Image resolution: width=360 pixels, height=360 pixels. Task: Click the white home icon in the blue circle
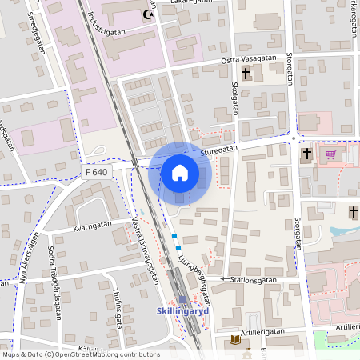tap(180, 172)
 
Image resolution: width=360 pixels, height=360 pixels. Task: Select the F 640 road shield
tap(96, 171)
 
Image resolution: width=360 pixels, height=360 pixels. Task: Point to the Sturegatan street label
tap(220, 148)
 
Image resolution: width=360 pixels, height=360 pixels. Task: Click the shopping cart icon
tap(330, 154)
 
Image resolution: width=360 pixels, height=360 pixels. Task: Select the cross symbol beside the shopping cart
tap(307, 153)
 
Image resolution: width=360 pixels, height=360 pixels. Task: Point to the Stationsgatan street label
tap(254, 280)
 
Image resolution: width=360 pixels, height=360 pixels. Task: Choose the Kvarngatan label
tap(91, 226)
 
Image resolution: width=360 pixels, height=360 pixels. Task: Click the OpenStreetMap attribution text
tap(81, 354)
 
